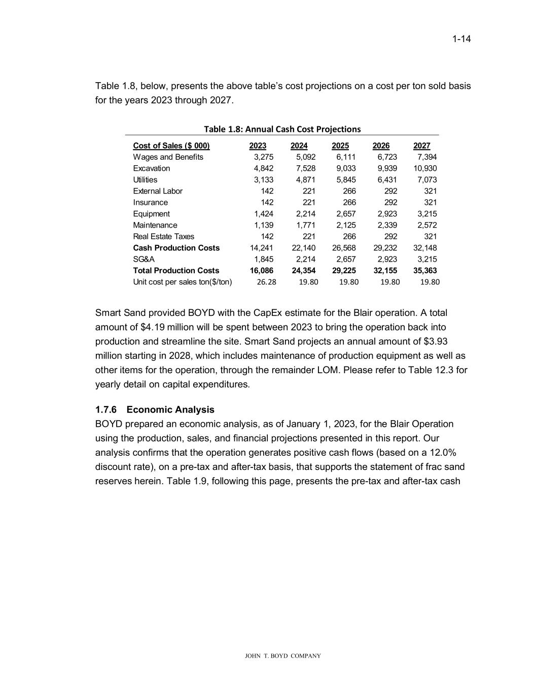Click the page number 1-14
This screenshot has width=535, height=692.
(461, 39)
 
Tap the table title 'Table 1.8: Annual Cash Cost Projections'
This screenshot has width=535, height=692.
(282, 129)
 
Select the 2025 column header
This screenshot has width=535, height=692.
(340, 146)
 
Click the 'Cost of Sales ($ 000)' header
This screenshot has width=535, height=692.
(171, 146)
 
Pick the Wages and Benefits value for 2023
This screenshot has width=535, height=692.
(263, 157)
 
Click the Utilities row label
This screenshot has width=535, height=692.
(145, 180)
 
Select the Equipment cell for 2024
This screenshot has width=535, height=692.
(305, 214)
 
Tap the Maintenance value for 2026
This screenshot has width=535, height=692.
(387, 225)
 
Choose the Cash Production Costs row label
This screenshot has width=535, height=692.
(176, 248)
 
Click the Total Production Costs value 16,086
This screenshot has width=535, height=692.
(262, 271)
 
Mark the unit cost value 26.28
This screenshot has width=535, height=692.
(266, 282)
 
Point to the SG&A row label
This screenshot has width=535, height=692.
(144, 259)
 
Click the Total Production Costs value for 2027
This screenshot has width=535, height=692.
(425, 271)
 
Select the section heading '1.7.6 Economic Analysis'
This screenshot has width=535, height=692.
(155, 410)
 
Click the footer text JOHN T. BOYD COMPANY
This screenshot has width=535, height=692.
(282, 656)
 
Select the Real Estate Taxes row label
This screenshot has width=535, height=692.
(163, 237)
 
